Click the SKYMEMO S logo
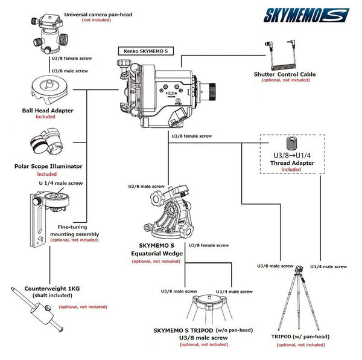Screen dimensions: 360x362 coord(306,14)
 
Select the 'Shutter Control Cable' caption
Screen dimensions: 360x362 coord(284,74)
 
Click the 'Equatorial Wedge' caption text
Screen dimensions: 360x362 coord(156,254)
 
